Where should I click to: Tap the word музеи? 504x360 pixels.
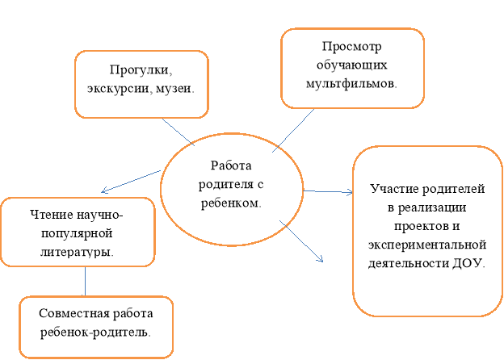click(175, 88)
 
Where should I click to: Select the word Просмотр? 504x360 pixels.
click(351, 47)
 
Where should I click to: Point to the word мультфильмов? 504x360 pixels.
click(351, 84)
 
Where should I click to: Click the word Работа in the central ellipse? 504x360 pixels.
click(231, 165)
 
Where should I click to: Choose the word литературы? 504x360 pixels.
click(77, 252)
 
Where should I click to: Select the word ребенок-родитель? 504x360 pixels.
click(95, 332)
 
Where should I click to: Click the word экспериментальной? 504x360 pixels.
click(426, 245)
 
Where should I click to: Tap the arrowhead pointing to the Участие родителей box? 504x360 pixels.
click(351, 192)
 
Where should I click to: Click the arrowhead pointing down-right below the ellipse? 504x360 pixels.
click(321, 259)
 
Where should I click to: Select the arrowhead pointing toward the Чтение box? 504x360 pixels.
click(104, 190)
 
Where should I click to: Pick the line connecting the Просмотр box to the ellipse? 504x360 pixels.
click(293, 131)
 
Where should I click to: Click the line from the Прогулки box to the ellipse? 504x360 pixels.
click(178, 132)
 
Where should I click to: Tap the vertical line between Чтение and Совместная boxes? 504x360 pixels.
click(85, 281)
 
